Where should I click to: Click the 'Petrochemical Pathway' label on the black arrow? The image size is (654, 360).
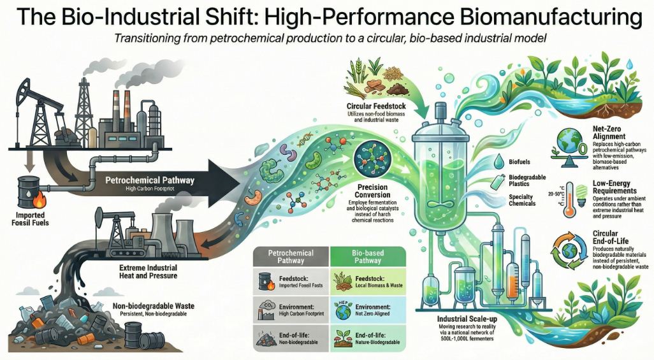pyautogui.click(x=149, y=181)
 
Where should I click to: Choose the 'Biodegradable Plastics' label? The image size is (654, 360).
pyautogui.click(x=515, y=180)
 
